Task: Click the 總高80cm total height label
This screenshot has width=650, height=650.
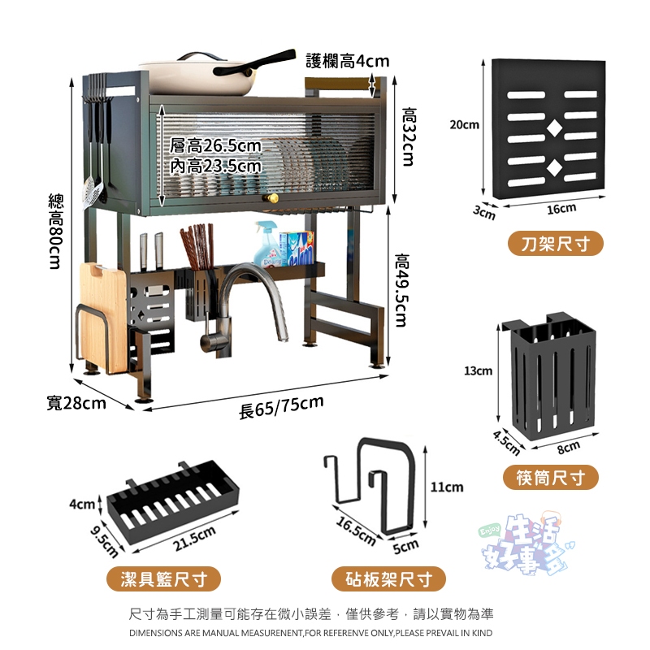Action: pyautogui.click(x=56, y=232)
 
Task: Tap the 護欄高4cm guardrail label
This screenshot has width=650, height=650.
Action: pyautogui.click(x=348, y=61)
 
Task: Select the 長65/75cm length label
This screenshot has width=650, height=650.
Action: pyautogui.click(x=281, y=407)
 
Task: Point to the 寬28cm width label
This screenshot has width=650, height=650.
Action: pyautogui.click(x=76, y=403)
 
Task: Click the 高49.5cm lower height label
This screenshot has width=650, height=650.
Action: pyautogui.click(x=401, y=290)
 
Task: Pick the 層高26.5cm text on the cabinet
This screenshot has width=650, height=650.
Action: pyautogui.click(x=215, y=146)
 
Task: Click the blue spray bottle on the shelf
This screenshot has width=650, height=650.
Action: pyautogui.click(x=266, y=245)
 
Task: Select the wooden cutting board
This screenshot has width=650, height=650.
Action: pyautogui.click(x=104, y=317)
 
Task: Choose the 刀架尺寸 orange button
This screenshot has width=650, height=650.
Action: pyautogui.click(x=556, y=243)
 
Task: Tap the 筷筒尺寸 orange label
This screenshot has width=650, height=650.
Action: pyautogui.click(x=551, y=478)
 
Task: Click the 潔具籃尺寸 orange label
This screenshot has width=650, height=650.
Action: pyautogui.click(x=164, y=578)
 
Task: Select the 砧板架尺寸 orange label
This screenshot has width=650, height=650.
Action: pyautogui.click(x=388, y=578)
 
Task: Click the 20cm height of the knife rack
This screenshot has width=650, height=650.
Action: pyautogui.click(x=464, y=124)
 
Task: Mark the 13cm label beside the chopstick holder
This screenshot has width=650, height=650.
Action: pyautogui.click(x=478, y=370)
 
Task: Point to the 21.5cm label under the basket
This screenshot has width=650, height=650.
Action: pyautogui.click(x=195, y=538)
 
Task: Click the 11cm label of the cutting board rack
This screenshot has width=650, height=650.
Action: pyautogui.click(x=446, y=487)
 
